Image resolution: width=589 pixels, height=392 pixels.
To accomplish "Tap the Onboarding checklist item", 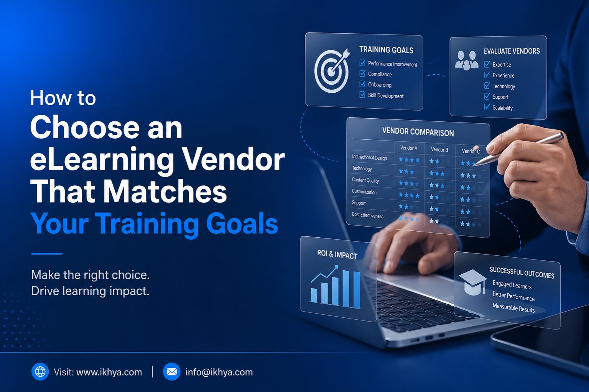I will click(380, 85).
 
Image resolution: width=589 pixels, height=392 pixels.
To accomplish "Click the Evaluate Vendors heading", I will click(512, 51).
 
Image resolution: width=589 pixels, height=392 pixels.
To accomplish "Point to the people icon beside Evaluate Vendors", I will click(467, 60).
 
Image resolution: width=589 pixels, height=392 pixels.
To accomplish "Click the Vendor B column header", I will click(439, 149).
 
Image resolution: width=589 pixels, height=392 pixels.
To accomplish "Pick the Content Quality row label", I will click(365, 180).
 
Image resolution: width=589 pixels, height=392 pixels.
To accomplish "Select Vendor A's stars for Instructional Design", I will click(409, 160).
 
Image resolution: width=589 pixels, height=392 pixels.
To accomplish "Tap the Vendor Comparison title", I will click(418, 132).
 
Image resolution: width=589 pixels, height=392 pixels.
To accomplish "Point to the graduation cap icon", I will click(473, 281).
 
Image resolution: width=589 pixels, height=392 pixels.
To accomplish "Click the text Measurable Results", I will click(513, 308).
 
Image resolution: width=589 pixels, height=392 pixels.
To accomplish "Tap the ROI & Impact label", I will click(337, 255).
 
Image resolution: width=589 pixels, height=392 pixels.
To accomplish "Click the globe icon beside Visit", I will click(40, 372).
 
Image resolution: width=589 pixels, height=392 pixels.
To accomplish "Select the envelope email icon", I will click(171, 372).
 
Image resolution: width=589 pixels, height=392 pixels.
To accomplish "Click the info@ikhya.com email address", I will click(219, 372).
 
